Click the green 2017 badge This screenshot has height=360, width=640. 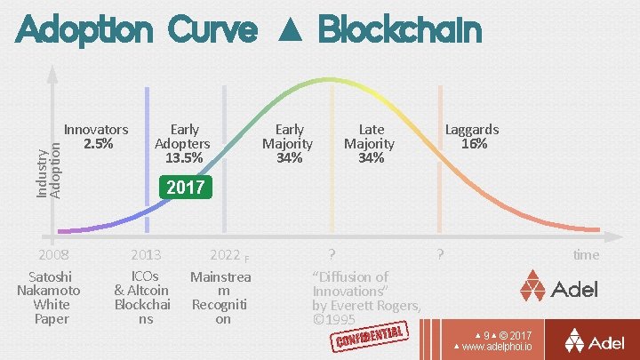tap(186, 188)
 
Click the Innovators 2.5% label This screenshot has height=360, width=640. tap(97, 136)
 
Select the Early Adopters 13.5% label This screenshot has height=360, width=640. tap(182, 144)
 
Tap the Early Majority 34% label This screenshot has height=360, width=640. tap(289, 144)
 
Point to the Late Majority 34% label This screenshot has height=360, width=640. tap(370, 144)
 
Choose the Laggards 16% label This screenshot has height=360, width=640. tap(472, 136)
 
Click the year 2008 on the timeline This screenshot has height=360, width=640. tap(51, 255)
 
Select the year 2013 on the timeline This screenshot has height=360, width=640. tap(146, 255)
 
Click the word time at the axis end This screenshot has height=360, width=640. tap(586, 255)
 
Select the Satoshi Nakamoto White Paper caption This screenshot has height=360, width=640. tap(51, 298)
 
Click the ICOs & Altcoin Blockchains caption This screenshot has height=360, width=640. tap(142, 297)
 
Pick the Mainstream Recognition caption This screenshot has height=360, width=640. tap(221, 298)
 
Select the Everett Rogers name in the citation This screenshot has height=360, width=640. tap(377, 306)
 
